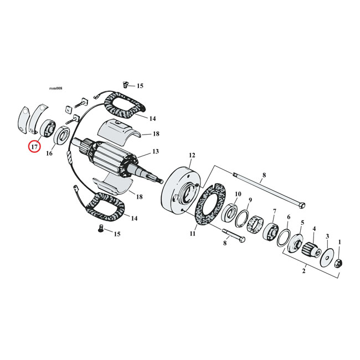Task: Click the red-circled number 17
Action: point(34,147)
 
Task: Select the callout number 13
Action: point(156,152)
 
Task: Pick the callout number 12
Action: point(192,156)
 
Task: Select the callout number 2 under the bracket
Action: point(303,272)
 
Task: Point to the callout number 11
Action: point(192,234)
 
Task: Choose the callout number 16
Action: point(49,153)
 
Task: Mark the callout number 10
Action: point(238,194)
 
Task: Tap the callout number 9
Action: point(250,200)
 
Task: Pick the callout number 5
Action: point(302,223)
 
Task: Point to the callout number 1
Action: point(340,241)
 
